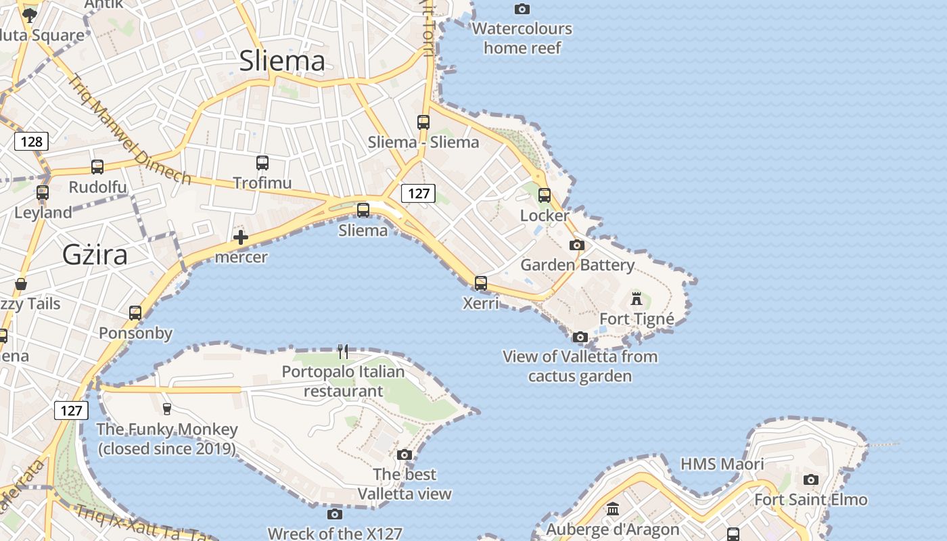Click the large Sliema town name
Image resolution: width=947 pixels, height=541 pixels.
coord(282,62)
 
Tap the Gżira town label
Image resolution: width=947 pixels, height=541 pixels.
coord(95,255)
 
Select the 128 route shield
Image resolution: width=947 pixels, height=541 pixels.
coord(31,141)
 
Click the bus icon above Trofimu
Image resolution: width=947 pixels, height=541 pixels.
coord(262,162)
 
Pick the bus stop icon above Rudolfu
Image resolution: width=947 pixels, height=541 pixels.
coord(97,167)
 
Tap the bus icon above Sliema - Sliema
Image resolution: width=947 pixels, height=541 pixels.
coord(423,122)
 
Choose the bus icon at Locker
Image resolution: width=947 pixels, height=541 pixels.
coord(545,195)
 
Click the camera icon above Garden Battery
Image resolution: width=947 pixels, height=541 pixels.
coord(577,245)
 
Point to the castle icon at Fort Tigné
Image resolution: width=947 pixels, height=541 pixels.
coord(637,298)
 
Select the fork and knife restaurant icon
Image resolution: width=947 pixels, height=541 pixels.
coord(343,352)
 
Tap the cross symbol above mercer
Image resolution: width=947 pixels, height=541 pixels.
coord(241,237)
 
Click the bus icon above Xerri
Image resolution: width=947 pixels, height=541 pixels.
coord(481,283)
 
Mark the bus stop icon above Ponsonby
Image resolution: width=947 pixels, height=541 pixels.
coord(135,313)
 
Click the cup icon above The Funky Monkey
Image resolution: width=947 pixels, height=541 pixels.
coord(166,408)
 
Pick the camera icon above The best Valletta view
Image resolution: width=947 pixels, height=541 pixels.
coord(405,454)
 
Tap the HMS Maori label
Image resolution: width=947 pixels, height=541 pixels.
coord(722,464)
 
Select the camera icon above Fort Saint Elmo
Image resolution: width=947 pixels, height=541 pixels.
coord(810,480)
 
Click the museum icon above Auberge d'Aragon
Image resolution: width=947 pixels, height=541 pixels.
coord(613,509)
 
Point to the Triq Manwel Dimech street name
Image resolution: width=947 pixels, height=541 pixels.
coord(129,128)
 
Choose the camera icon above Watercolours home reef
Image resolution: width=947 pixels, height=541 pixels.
coord(522,9)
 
